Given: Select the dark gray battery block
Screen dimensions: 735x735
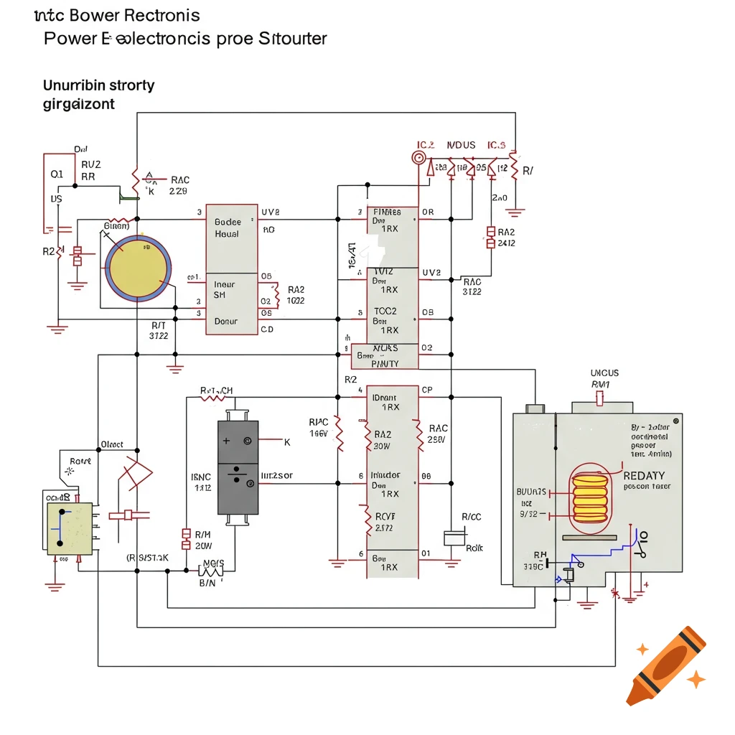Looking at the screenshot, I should pos(238,467).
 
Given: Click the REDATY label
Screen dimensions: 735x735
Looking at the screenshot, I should pos(644,475).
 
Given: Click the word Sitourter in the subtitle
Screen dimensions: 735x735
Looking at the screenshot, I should pos(291,38).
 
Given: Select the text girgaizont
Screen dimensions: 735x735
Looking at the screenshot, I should pos(79,104).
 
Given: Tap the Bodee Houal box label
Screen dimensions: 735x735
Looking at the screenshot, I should pos(228,228).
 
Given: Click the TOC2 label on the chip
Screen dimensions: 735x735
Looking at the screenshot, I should pos(385,312).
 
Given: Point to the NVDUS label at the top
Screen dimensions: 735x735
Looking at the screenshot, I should pos(461,146).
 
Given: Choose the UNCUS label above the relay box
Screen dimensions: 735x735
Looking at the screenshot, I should pos(604,373).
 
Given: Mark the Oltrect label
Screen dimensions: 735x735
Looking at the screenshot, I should pos(113,444).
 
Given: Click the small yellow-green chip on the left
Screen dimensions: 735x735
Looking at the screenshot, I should pos(70,528).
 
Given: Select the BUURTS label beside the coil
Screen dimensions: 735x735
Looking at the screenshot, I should pos(532,492).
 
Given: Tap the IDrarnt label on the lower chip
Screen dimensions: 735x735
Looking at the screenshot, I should pos(386,397).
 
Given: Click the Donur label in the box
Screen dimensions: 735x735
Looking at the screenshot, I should pos(226,322).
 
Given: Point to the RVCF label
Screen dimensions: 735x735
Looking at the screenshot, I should pos(386,515).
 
